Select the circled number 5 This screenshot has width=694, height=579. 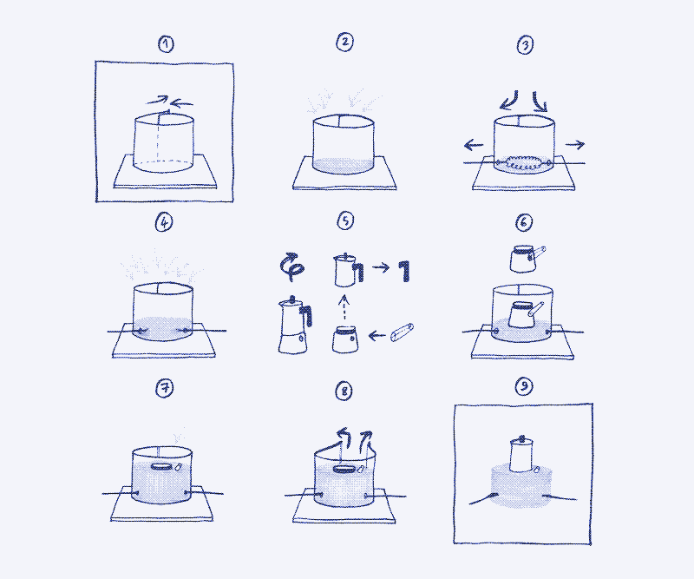(345, 221)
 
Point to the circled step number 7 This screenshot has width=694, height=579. (166, 388)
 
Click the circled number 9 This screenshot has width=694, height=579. (522, 388)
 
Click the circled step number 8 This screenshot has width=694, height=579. (345, 392)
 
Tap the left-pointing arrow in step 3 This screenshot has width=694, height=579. (471, 145)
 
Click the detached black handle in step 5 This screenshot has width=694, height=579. (401, 272)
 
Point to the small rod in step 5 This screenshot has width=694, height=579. (402, 333)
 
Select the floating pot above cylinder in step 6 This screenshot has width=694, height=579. (525, 257)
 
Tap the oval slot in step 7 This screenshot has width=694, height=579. (162, 466)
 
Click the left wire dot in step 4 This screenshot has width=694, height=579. (138, 331)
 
